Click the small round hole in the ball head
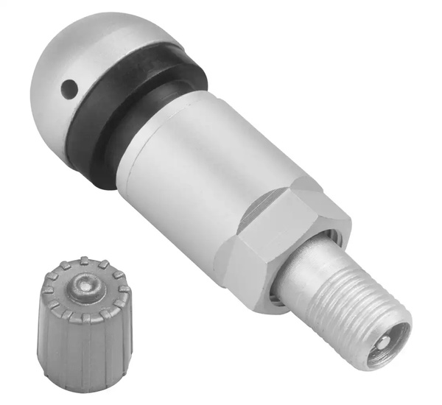pos(69,90)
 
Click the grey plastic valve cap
pos(85,324)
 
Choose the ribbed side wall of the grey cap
pos(81,353)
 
